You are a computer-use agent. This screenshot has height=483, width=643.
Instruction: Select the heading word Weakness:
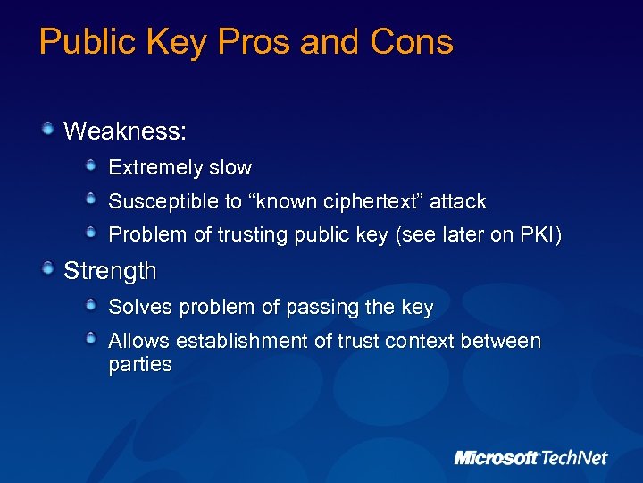tap(125, 131)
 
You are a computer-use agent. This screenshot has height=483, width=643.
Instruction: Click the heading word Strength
tap(110, 271)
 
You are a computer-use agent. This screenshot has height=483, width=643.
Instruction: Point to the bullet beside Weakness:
tap(48, 131)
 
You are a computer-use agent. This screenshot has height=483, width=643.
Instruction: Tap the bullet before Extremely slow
tap(92, 166)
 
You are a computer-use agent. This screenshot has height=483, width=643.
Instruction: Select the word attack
tap(458, 201)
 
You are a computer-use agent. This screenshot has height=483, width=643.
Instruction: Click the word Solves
tap(140, 308)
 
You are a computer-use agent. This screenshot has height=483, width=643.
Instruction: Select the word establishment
tap(234, 341)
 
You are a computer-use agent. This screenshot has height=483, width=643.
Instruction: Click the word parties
tap(140, 364)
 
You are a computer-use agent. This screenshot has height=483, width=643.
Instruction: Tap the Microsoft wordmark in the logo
tap(497, 458)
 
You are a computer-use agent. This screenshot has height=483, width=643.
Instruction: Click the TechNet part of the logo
tap(573, 458)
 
